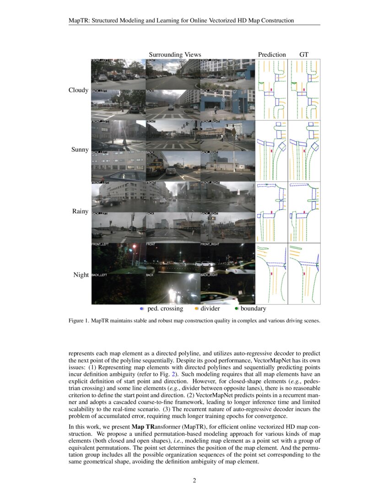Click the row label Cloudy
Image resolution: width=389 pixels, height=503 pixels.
pos(78,90)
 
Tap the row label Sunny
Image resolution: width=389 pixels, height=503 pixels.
pos(80,150)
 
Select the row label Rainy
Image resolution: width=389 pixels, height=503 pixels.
pos(80,211)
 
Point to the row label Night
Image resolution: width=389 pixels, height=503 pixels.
pos(81,275)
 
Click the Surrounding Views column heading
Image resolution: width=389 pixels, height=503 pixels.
pos(175,55)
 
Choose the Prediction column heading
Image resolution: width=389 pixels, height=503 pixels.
pos(272,55)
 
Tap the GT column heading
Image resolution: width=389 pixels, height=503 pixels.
pos(304,55)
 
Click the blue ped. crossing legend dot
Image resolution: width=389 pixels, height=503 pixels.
pos(142,309)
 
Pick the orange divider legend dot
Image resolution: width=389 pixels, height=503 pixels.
pos(196,309)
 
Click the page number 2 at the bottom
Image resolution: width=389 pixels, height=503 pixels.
pos(194,480)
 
